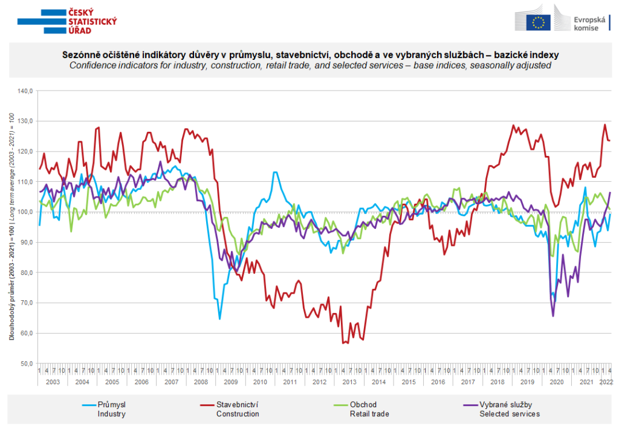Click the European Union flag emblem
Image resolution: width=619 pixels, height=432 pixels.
(x=538, y=22)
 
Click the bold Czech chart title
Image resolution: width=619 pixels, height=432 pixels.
(x=309, y=54)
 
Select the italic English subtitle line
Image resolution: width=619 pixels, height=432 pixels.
(x=309, y=65)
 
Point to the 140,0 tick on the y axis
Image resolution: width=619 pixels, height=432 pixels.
(x=28, y=91)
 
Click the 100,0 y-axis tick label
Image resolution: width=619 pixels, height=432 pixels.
(x=28, y=212)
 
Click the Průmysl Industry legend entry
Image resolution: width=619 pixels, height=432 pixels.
(x=112, y=409)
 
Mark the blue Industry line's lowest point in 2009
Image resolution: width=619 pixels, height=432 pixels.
(x=219, y=318)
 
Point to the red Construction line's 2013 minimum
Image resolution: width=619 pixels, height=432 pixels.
(x=343, y=343)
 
